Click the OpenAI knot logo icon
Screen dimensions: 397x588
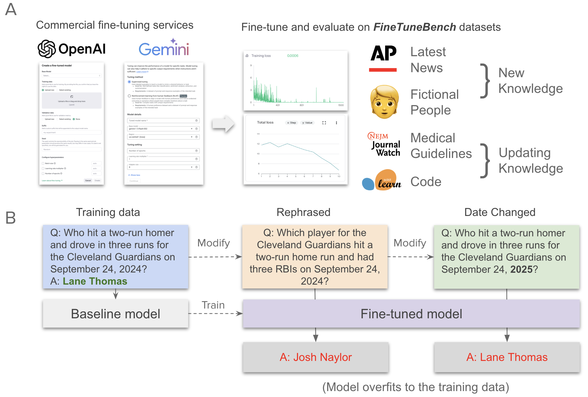47,49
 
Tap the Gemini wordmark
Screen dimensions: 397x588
164,49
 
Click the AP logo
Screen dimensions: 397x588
383,58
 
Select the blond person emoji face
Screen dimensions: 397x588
384,102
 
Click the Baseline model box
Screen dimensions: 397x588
115,314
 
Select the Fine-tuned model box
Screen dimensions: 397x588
411,314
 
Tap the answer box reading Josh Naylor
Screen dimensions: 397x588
316,357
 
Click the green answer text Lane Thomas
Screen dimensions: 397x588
95,281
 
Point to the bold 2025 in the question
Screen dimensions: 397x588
521,269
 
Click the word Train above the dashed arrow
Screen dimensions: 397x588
213,305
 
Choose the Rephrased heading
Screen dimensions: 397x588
303,212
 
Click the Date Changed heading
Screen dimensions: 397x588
500,212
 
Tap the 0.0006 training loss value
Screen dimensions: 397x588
293,56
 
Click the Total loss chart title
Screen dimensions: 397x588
265,122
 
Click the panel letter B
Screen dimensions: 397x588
11,218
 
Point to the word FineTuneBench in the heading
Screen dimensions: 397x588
415,27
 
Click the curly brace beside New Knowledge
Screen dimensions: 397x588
485,80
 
